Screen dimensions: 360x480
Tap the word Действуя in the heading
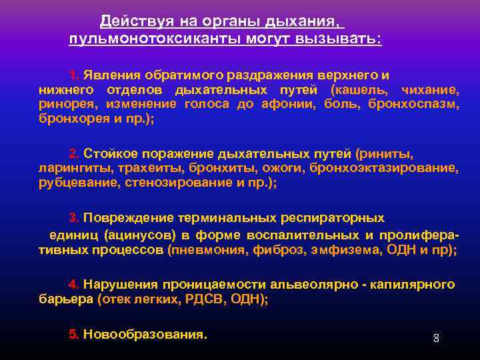point(127,22)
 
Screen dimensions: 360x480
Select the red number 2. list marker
point(74,152)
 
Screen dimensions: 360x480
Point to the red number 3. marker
point(74,217)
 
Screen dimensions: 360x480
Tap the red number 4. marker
point(74,285)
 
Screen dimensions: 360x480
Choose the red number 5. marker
point(74,334)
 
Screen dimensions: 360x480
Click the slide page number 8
point(436,338)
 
